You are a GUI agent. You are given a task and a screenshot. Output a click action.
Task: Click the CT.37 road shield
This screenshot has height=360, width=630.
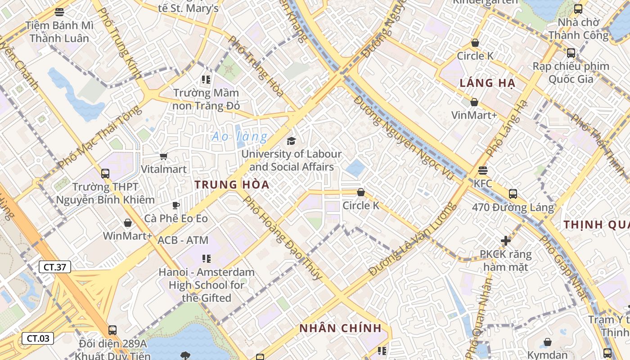(x=54, y=267)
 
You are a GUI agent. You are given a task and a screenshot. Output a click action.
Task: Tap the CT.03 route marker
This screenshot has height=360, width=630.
(x=38, y=338)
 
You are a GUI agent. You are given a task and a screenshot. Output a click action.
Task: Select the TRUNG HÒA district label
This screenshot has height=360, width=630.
(x=232, y=184)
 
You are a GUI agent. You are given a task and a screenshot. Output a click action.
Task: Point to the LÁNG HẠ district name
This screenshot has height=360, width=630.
(x=487, y=83)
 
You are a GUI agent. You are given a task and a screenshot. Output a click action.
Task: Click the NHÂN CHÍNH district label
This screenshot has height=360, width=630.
(x=340, y=328)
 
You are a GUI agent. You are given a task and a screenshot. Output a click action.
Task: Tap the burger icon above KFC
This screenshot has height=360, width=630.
(x=483, y=171)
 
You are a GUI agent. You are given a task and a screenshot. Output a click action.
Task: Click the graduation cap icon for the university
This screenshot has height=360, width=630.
(x=292, y=141)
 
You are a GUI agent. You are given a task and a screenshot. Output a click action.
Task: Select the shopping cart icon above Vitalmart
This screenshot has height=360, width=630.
(x=163, y=156)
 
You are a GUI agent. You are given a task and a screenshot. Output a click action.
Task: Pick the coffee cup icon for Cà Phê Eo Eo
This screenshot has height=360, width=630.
(x=176, y=206)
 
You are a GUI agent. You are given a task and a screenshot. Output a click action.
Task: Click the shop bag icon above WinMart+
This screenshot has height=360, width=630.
(x=128, y=223)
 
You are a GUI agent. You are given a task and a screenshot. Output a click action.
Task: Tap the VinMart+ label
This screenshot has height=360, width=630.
(x=474, y=115)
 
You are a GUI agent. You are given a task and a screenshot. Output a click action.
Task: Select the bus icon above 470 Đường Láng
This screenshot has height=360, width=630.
(x=513, y=194)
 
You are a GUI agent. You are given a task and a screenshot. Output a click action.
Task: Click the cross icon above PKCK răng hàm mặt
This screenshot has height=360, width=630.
(x=506, y=241)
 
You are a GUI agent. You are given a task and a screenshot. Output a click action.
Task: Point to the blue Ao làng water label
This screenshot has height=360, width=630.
(x=239, y=136)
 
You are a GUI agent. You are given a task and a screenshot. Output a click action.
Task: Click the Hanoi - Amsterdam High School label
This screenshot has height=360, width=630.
(x=207, y=285)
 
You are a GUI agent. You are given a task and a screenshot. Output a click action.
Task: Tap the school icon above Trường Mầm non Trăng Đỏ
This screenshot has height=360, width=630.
(x=206, y=80)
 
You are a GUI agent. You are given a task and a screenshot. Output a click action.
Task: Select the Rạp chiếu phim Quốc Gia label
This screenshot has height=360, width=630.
(x=571, y=72)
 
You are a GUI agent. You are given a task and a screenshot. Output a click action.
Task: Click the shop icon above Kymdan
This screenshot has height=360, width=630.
(x=548, y=342)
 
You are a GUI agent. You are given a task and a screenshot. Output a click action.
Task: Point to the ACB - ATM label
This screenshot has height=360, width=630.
(x=183, y=240)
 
